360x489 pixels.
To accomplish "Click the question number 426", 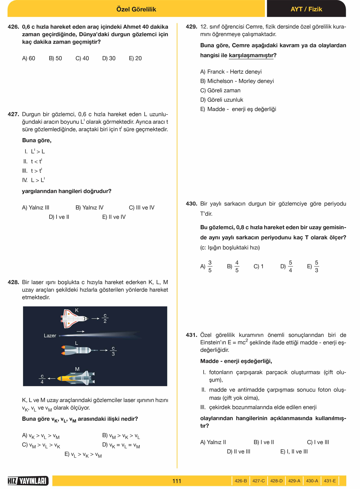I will tap(13, 27).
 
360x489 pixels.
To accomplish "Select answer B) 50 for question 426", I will tap(55, 58).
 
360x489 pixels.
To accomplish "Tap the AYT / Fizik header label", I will tap(306, 9).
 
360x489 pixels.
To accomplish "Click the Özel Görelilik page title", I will tap(136, 9).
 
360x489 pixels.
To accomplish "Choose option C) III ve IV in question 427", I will tap(142, 208).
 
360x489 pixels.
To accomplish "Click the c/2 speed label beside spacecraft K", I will tap(105, 318).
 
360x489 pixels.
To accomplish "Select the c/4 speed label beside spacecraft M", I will tap(42, 379).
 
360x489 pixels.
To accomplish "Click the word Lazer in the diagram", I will tap(50, 336).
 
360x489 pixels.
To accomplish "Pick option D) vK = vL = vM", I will tap(121, 445).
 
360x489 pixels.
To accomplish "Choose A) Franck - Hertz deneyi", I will tap(231, 72).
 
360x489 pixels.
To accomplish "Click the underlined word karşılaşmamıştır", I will tap(251, 55).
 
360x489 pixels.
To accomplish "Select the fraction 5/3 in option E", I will tap(316, 266).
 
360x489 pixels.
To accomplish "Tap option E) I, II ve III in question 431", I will tap(294, 451).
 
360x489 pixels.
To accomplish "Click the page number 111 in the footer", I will tap(177, 481).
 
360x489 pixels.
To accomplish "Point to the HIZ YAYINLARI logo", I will tap(28, 481).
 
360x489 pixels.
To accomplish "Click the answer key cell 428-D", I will tap(276, 481).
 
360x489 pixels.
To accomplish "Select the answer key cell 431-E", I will tap(330, 481).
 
